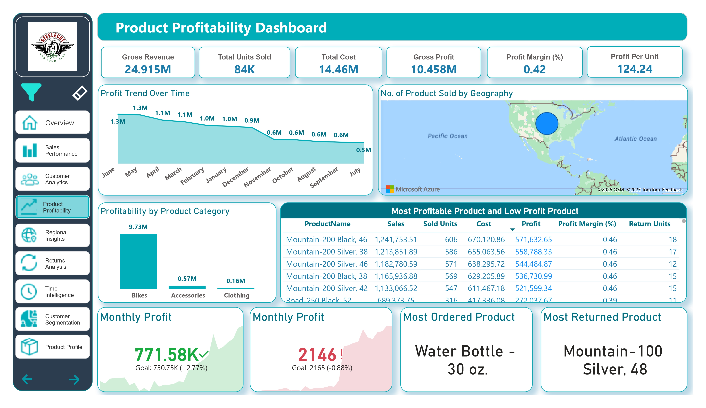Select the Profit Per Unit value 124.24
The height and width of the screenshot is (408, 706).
click(x=635, y=69)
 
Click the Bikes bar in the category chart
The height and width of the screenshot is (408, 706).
click(x=138, y=261)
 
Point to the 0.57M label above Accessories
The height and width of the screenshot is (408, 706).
click(x=187, y=279)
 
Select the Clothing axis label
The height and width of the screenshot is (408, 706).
click(x=236, y=295)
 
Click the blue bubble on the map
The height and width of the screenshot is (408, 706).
click(x=547, y=123)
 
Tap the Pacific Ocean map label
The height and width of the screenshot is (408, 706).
click(x=447, y=136)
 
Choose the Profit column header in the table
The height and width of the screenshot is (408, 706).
click(x=531, y=224)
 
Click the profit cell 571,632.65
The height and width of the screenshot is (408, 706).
click(x=533, y=239)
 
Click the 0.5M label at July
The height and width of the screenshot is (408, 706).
click(x=363, y=150)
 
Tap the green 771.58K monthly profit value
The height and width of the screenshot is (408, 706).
click(x=167, y=354)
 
